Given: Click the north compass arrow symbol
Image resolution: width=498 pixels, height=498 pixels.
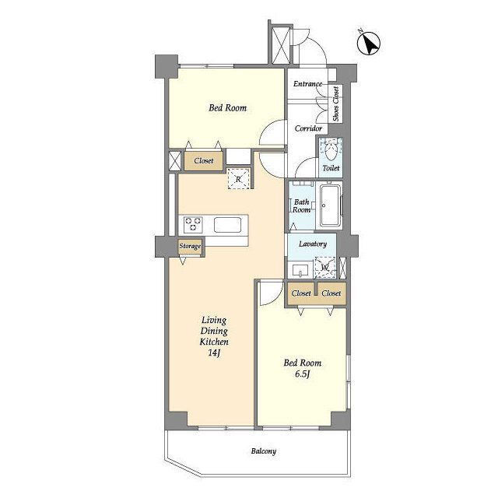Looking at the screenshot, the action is [369, 44].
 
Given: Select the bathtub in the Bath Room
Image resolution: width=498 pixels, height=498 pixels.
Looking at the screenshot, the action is [330, 205].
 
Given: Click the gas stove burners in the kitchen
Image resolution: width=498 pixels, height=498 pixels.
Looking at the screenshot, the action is [194, 223].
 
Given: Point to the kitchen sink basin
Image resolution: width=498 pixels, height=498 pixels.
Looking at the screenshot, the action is [227, 225].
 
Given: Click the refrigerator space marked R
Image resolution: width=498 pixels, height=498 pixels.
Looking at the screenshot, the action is [238, 179].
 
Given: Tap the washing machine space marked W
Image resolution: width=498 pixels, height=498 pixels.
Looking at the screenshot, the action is [324, 268].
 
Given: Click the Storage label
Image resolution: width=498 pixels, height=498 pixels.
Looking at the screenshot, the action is [190, 246].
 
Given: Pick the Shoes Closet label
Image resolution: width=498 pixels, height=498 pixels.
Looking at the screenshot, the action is [335, 103].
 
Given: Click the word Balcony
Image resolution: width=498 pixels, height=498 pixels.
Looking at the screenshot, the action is [264, 451].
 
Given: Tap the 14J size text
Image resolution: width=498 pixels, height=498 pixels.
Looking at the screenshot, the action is [214, 352].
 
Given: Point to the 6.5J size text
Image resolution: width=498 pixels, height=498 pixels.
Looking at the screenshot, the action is [303, 373].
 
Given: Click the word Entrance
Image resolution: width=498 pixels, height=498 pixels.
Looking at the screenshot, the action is [307, 84].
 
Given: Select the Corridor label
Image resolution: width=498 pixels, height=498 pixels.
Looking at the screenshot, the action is [308, 128].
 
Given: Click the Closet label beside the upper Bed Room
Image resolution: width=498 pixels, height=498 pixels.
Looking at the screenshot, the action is [204, 161].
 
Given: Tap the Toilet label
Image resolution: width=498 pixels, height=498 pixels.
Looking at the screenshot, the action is [331, 168].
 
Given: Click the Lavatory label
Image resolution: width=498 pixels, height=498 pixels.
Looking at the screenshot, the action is [313, 244].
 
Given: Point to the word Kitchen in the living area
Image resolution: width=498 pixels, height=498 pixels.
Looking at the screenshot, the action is [214, 342].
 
